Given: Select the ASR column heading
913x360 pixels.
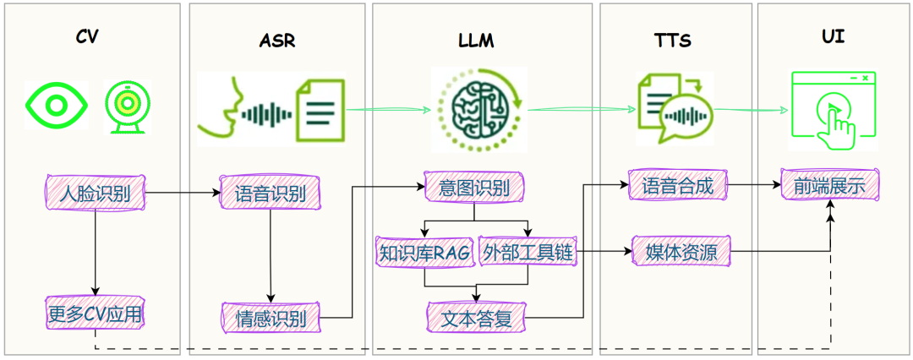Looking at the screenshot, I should [x=277, y=41].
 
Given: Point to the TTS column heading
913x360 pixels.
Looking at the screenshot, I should [x=673, y=41].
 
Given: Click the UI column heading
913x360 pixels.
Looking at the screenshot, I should [x=833, y=36].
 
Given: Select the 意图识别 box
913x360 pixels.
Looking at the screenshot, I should [x=474, y=188].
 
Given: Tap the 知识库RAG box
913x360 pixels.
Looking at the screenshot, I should [x=425, y=251].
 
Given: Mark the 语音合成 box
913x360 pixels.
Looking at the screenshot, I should [x=677, y=185].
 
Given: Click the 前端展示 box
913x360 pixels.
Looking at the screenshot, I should [x=829, y=186].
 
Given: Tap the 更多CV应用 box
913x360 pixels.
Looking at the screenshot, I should [x=95, y=314].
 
